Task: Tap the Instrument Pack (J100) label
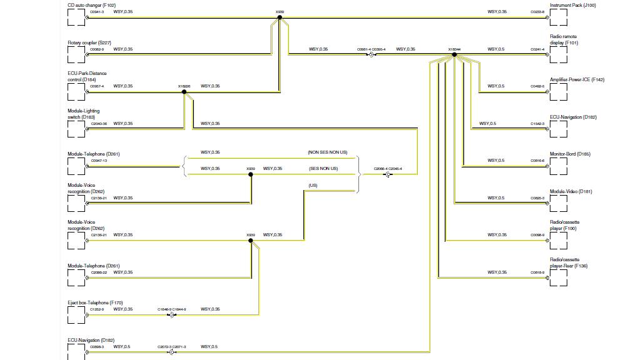tap(572, 6)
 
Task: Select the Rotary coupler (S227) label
tap(89, 43)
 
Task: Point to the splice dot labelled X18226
tap(184, 92)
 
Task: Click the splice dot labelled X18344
tap(455, 55)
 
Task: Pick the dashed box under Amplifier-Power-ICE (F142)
tap(559, 92)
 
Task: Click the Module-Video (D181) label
tap(570, 191)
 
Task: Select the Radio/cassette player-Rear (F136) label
tap(569, 262)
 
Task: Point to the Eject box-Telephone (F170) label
tap(95, 303)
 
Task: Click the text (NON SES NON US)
tap(327, 152)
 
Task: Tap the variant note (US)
tap(313, 186)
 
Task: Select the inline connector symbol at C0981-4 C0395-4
tap(371, 55)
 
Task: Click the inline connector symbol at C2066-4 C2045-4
tap(388, 174)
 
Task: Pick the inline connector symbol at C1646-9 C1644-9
tap(171, 315)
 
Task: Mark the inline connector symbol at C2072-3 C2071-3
tap(171, 352)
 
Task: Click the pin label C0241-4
tap(537, 49)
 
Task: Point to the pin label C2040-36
tap(99, 124)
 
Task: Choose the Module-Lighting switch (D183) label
tap(83, 114)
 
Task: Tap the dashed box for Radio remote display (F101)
tap(559, 55)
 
